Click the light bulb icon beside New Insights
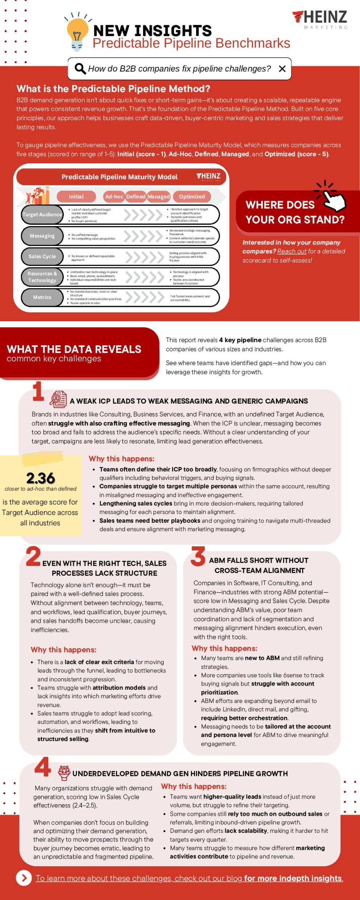(77, 33)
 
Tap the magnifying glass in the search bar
(80, 68)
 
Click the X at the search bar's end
(282, 69)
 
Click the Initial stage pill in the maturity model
(76, 196)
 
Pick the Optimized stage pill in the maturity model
(192, 196)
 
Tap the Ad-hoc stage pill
(114, 196)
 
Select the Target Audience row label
(42, 214)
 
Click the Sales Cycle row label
(42, 256)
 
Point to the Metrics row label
(42, 297)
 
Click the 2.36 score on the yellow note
(41, 478)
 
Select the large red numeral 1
(38, 392)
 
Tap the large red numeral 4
(43, 767)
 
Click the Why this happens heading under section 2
(64, 650)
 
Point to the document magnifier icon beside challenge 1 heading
(58, 399)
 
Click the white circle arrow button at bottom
(24, 878)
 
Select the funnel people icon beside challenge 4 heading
(64, 773)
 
